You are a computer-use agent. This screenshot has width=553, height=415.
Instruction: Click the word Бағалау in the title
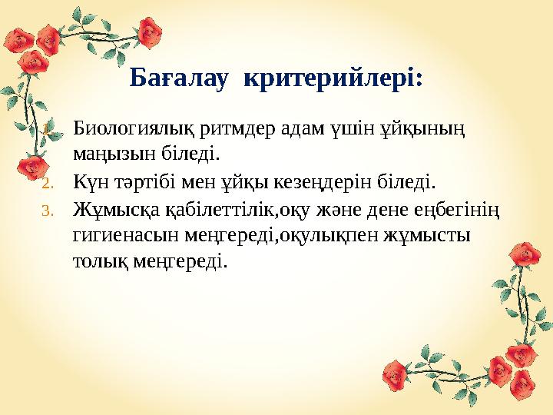pos(179,78)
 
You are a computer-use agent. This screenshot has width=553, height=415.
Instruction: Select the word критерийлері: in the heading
pos(333,78)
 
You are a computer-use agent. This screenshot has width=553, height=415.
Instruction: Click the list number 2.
pos(45,183)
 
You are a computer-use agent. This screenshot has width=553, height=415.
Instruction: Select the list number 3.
pos(45,210)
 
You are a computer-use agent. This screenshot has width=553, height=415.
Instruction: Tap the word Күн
pos(91,183)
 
